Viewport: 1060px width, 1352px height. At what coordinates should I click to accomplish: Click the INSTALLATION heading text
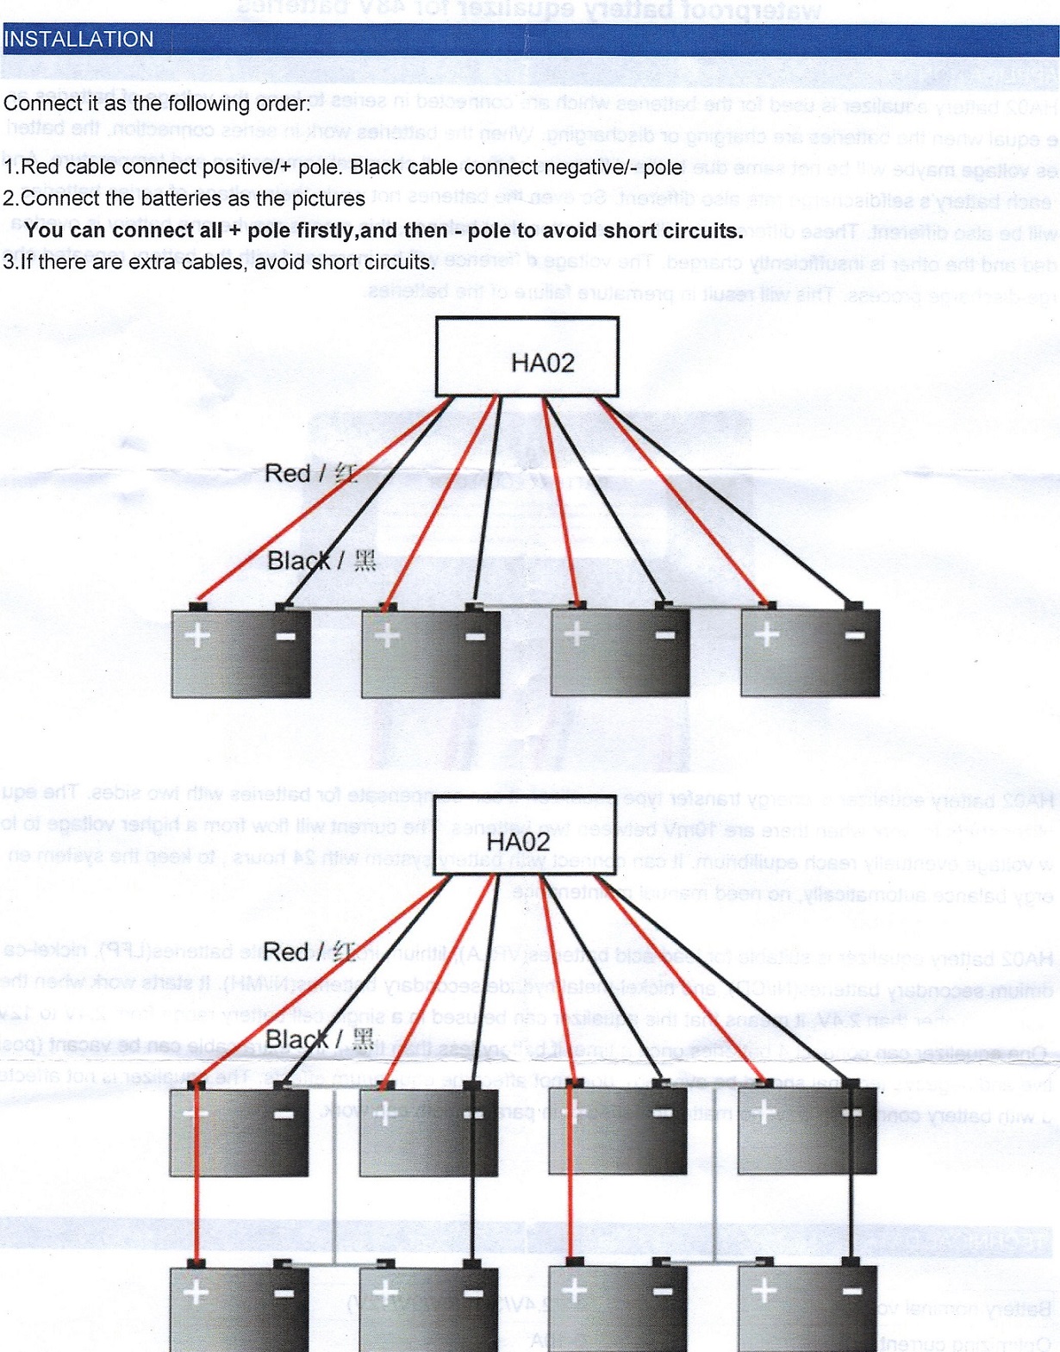pyautogui.click(x=78, y=40)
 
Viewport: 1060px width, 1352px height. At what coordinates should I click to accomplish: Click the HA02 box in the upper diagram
pyautogui.click(x=527, y=357)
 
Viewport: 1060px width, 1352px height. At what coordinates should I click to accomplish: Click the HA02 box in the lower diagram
pyautogui.click(x=523, y=836)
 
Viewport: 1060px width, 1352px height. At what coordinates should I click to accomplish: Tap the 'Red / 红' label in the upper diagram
pyautogui.click(x=310, y=473)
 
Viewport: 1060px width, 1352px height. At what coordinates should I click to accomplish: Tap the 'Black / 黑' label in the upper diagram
pyautogui.click(x=321, y=561)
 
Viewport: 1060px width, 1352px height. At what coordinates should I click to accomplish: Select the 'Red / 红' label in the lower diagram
pyautogui.click(x=309, y=951)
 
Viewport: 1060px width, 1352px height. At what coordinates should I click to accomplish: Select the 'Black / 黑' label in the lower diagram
pyautogui.click(x=320, y=1039)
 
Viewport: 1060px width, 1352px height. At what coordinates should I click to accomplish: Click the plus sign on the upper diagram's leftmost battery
pyautogui.click(x=198, y=636)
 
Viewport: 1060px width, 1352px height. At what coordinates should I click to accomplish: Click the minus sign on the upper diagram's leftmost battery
pyautogui.click(x=285, y=637)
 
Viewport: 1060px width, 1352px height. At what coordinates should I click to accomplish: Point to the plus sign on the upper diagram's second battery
pyautogui.click(x=388, y=636)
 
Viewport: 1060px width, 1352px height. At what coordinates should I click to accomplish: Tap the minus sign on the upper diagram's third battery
pyautogui.click(x=664, y=636)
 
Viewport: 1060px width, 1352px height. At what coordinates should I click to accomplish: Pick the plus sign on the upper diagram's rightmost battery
pyautogui.click(x=766, y=635)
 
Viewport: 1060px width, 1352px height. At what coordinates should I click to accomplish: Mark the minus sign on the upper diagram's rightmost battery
pyautogui.click(x=854, y=636)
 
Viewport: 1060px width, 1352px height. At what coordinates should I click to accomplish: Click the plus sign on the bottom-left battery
pyautogui.click(x=196, y=1292)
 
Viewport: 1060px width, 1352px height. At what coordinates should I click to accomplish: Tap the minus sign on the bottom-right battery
pyautogui.click(x=851, y=1291)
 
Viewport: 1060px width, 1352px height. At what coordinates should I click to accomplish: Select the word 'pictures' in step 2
pyautogui.click(x=330, y=199)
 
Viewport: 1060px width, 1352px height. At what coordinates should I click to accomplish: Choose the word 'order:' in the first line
pyautogui.click(x=282, y=104)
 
